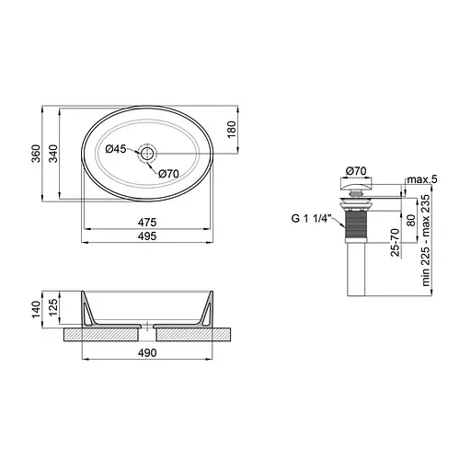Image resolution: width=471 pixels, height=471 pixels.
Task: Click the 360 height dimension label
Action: point(36,154)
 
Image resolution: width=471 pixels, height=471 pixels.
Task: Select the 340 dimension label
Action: point(53,154)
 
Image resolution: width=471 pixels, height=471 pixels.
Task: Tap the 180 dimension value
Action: point(232,129)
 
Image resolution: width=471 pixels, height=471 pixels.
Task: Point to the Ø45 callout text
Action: point(116,149)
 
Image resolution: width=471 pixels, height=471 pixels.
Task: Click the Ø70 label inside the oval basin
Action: point(168,174)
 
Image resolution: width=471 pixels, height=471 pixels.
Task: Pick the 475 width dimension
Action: point(147,222)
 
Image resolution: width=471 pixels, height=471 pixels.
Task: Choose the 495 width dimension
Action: point(147,236)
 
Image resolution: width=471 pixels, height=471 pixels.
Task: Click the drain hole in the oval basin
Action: point(147,153)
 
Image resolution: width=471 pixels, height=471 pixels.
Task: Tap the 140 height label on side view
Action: point(36,309)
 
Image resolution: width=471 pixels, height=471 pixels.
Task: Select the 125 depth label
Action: point(53,307)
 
